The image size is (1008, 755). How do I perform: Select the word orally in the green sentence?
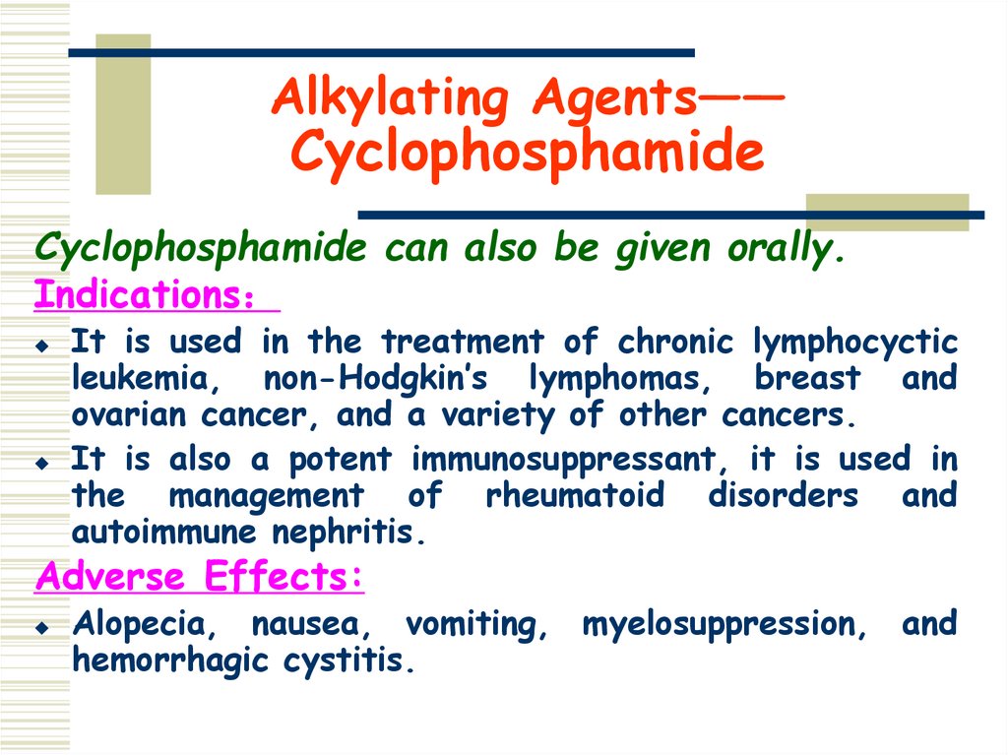point(787,249)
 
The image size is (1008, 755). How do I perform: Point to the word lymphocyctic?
point(854,342)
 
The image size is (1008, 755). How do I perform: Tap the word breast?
point(806,378)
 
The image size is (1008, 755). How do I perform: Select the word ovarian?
point(131,414)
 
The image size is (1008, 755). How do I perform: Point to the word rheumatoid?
point(575,496)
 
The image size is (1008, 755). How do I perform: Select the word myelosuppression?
point(724,624)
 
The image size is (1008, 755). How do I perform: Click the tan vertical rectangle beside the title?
point(123,113)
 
